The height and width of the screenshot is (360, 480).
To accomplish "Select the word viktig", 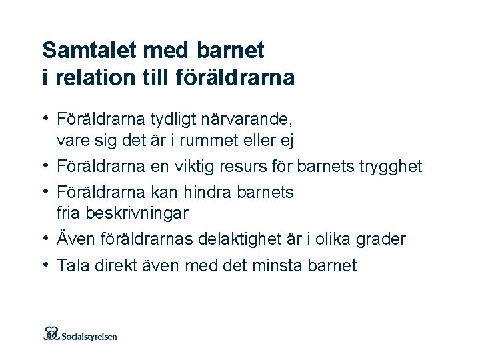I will [191, 166].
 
